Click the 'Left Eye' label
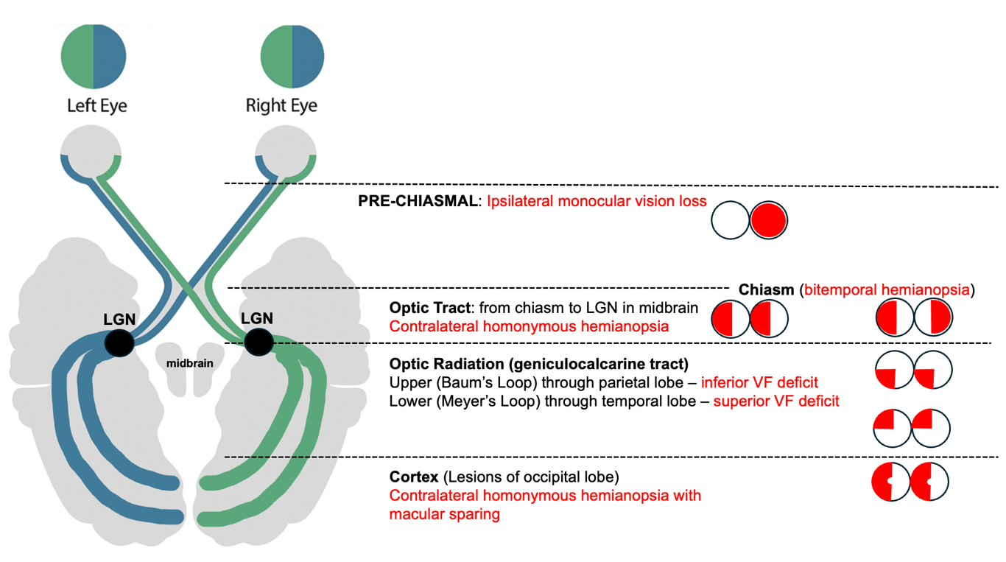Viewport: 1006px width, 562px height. (x=96, y=105)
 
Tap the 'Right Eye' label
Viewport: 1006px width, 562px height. (x=281, y=105)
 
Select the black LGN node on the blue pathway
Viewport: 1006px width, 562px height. (x=119, y=343)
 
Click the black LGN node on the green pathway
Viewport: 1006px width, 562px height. (x=258, y=342)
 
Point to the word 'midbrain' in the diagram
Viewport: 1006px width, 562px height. (x=190, y=363)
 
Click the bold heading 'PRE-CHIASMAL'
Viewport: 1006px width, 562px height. (x=418, y=201)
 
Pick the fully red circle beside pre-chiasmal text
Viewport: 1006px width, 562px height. (x=769, y=219)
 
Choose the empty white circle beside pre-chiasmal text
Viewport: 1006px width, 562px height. (x=730, y=219)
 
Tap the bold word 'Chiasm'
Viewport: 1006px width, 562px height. (x=767, y=289)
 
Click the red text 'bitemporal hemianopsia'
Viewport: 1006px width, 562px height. (x=887, y=289)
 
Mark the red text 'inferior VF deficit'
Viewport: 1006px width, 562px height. (x=759, y=382)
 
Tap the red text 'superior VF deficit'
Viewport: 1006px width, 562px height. (x=776, y=401)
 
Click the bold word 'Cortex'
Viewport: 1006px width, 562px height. (x=415, y=477)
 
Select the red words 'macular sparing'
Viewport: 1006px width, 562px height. (x=444, y=514)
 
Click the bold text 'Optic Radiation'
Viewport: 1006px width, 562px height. (x=453, y=363)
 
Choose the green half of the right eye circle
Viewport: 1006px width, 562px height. (x=276, y=56)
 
